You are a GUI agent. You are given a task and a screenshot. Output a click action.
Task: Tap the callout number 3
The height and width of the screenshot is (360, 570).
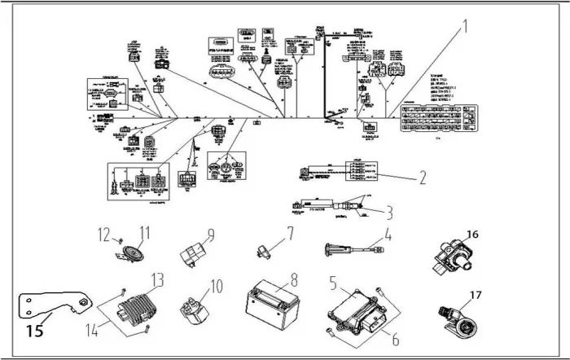click(x=389, y=213)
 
